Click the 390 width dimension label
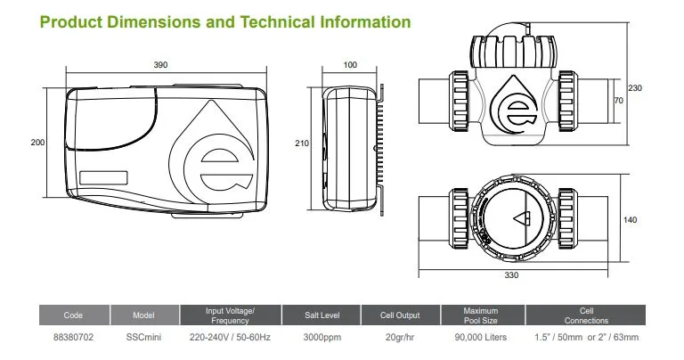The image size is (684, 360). click(x=160, y=65)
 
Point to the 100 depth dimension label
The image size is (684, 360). click(x=350, y=65)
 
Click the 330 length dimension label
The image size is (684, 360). click(x=511, y=275)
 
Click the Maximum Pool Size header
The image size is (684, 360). click(x=481, y=315)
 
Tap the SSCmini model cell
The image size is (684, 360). click(x=143, y=338)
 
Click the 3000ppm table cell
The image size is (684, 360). click(x=319, y=338)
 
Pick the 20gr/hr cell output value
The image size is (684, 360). click(x=401, y=338)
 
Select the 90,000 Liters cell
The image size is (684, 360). click(x=481, y=338)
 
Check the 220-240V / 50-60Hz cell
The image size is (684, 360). click(x=230, y=338)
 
